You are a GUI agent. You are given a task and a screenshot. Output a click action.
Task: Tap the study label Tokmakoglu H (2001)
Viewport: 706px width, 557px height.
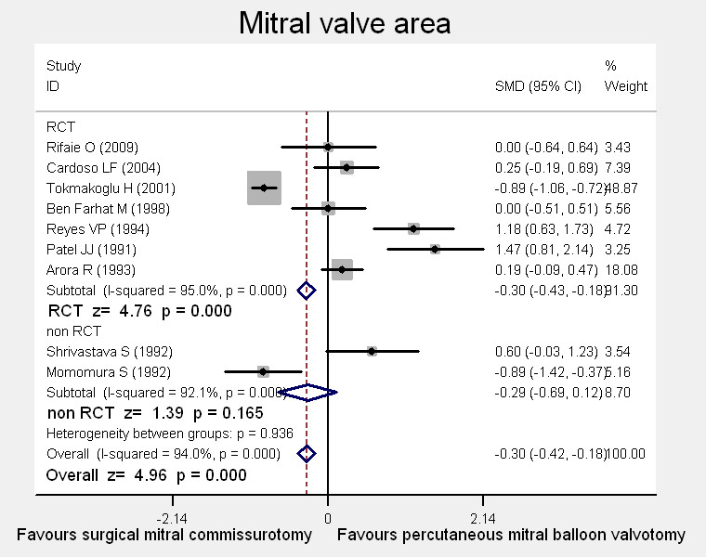click(x=105, y=188)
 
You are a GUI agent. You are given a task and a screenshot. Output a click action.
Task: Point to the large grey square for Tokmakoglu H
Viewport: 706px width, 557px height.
click(x=265, y=188)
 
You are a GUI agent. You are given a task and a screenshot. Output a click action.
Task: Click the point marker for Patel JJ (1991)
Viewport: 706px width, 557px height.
click(x=435, y=249)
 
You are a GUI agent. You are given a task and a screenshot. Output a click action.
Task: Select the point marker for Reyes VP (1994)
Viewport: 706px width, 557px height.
click(x=413, y=228)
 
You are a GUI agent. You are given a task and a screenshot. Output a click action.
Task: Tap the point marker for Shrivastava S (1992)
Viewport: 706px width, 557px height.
click(x=372, y=351)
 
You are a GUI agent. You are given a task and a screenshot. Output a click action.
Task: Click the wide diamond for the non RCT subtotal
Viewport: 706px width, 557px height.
click(x=307, y=393)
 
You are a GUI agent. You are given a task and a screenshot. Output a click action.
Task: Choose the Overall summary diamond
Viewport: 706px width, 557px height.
click(x=307, y=453)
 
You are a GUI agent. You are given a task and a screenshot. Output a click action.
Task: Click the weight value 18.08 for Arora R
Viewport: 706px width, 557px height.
click(x=620, y=269)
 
